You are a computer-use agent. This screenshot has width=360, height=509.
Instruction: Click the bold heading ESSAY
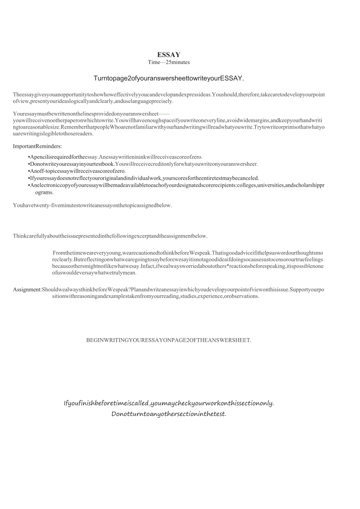(169, 55)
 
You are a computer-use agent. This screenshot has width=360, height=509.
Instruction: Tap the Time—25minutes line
(169, 62)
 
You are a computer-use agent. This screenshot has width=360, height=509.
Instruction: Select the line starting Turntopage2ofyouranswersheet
(169, 78)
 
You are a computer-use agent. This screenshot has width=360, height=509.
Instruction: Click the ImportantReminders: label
(38, 146)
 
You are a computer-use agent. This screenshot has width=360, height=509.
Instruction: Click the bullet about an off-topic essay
(78, 171)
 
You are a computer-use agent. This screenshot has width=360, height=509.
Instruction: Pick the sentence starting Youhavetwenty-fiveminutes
(92, 205)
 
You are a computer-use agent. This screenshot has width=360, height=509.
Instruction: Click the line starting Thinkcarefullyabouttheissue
(110, 236)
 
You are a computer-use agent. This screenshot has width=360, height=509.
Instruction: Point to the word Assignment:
(27, 289)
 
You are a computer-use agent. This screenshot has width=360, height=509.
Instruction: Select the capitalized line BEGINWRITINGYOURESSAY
(169, 340)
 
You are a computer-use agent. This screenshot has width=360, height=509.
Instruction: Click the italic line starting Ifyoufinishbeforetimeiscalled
(169, 403)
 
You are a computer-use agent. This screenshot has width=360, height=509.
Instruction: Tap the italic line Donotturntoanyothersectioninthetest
(169, 414)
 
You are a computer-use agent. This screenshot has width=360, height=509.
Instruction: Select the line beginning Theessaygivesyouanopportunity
(169, 95)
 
